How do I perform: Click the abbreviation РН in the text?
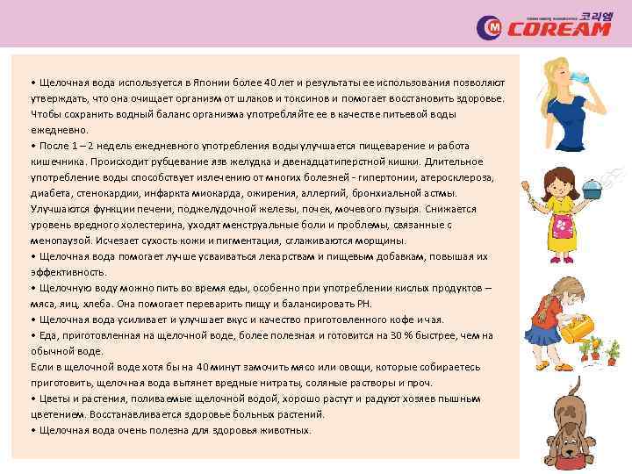tap(363, 303)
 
